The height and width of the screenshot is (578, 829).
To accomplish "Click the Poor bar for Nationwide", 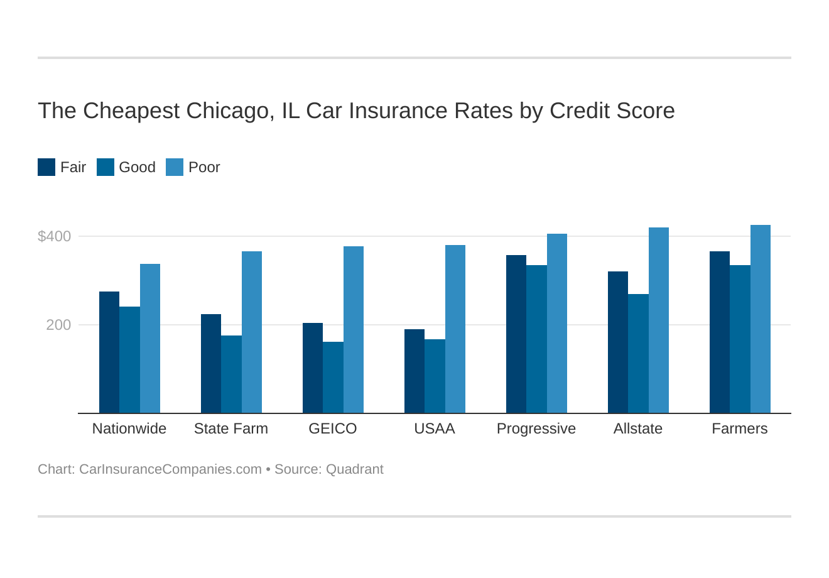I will click(150, 339).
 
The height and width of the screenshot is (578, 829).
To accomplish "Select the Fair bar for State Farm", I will click(211, 364).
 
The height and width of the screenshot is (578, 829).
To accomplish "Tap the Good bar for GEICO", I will click(333, 377).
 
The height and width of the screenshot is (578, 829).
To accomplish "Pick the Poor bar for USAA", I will click(455, 329).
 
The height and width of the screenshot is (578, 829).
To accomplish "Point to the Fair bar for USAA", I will click(414, 371).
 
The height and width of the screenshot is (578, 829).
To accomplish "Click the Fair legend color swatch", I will click(46, 167).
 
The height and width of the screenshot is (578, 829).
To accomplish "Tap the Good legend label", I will click(137, 167).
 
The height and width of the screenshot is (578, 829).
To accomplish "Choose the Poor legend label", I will click(204, 167).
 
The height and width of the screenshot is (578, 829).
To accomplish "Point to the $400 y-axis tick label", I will click(55, 237).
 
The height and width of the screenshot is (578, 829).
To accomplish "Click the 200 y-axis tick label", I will click(58, 325).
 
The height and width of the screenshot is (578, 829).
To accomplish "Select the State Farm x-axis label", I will click(230, 428).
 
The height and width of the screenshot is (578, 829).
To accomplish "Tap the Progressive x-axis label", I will click(536, 428).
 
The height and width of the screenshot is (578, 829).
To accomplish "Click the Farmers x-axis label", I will click(739, 428).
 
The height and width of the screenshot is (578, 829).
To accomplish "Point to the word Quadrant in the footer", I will click(354, 469).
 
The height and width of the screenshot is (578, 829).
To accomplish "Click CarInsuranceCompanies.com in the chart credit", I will click(170, 469).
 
